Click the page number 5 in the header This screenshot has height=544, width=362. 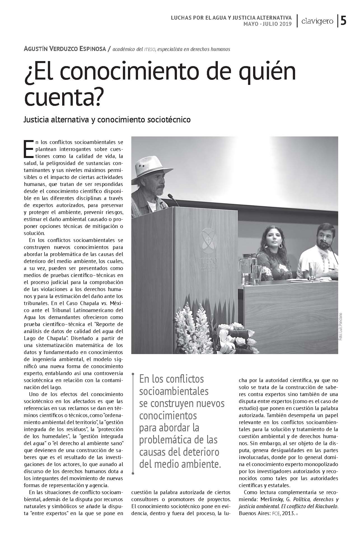(x=344, y=21)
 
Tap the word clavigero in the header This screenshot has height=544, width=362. (x=317, y=21)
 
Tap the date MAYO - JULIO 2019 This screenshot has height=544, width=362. (x=267, y=24)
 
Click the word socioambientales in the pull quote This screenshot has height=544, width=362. (x=174, y=391)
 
